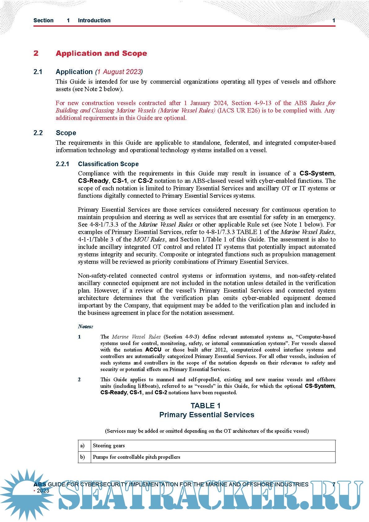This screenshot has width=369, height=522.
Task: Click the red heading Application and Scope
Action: pyautogui.click(x=101, y=53)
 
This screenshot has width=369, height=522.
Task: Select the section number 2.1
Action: pyautogui.click(x=38, y=72)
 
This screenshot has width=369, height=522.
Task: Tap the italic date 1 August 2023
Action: pyautogui.click(x=119, y=72)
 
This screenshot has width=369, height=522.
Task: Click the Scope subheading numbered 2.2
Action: pyautogui.click(x=66, y=133)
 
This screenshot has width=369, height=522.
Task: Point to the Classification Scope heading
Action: pyautogui.click(x=108, y=164)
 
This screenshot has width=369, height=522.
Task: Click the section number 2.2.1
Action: pyautogui.click(x=63, y=164)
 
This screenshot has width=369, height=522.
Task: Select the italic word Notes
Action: pyautogui.click(x=85, y=326)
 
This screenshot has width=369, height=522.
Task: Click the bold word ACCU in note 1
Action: pyautogui.click(x=153, y=350)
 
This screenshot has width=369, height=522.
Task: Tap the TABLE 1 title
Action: pyautogui.click(x=206, y=406)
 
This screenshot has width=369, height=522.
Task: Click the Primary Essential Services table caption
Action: pyautogui.click(x=207, y=415)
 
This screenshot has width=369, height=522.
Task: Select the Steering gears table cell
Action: pyautogui.click(x=109, y=446)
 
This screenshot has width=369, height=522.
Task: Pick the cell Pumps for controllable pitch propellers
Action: pyautogui.click(x=136, y=457)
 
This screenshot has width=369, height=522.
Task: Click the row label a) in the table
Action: pyautogui.click(x=82, y=446)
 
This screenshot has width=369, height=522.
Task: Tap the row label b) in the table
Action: pyautogui.click(x=82, y=457)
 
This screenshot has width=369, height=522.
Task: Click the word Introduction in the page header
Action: pyautogui.click(x=94, y=20)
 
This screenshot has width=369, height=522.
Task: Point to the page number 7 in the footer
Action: pyautogui.click(x=334, y=484)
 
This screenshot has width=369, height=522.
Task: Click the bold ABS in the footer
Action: pyautogui.click(x=40, y=484)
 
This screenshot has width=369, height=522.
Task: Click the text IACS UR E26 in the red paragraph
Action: pyautogui.click(x=239, y=111)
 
